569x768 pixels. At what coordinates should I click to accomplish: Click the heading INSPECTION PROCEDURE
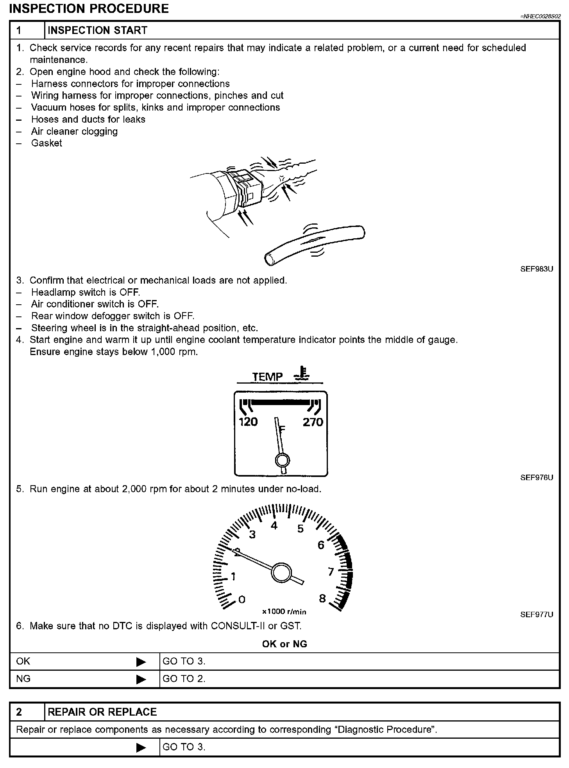pyautogui.click(x=89, y=9)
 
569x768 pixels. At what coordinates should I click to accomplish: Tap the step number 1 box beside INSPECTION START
pyautogui.click(x=27, y=30)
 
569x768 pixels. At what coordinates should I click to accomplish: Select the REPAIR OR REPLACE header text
pyautogui.click(x=102, y=712)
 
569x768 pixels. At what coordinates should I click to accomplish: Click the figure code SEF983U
pyautogui.click(x=537, y=269)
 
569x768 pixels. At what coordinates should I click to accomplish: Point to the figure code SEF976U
pyautogui.click(x=537, y=477)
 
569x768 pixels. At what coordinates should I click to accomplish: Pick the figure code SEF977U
pyautogui.click(x=537, y=614)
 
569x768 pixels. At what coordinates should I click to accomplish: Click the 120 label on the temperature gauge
pyautogui.click(x=248, y=422)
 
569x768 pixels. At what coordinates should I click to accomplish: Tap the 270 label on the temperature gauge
pyautogui.click(x=313, y=422)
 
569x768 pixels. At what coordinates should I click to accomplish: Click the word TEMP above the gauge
pyautogui.click(x=267, y=377)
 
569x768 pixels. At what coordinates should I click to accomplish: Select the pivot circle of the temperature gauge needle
pyautogui.click(x=282, y=460)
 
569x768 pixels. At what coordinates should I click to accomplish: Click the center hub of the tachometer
pyautogui.click(x=281, y=573)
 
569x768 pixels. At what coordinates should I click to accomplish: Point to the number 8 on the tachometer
pyautogui.click(x=322, y=598)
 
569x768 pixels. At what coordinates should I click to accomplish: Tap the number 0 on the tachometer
pyautogui.click(x=242, y=599)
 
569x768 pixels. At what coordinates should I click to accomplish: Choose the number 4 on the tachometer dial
pyautogui.click(x=274, y=526)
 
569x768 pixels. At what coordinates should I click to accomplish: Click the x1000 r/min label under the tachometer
pyautogui.click(x=284, y=612)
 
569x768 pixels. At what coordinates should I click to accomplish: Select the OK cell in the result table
pyautogui.click(x=23, y=661)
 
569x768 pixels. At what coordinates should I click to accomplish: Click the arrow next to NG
pyautogui.click(x=141, y=680)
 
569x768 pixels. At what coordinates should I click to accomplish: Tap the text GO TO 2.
pyautogui.click(x=184, y=679)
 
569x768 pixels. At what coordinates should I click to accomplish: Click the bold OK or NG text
pyautogui.click(x=284, y=644)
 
